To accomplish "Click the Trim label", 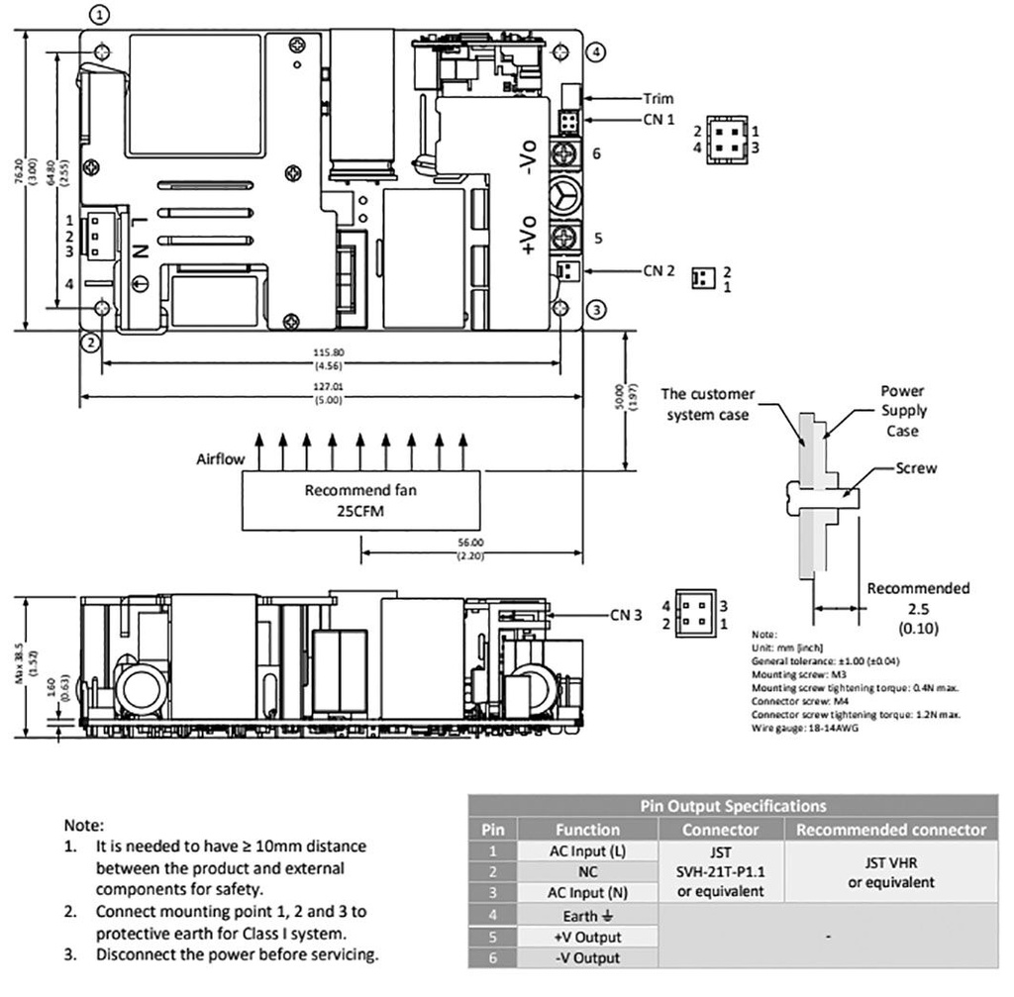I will tap(658, 98).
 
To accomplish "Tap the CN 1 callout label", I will tap(659, 119).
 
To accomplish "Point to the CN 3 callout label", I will tap(626, 615).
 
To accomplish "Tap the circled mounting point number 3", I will tap(595, 310).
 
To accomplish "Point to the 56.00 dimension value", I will tap(470, 543).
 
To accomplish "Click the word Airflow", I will tap(219, 459).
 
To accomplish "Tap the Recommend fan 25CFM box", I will tap(361, 499).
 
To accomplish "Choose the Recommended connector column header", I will tap(891, 829).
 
